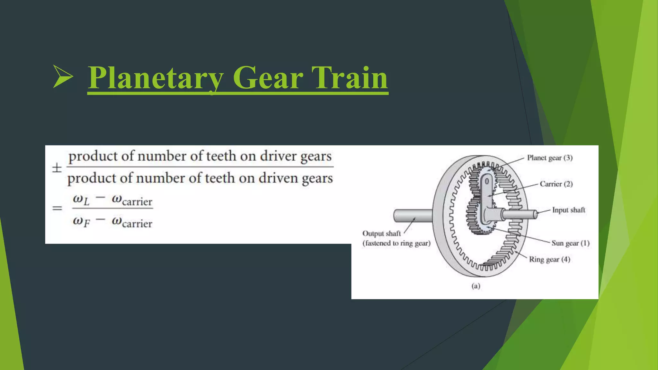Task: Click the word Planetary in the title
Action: click(156, 78)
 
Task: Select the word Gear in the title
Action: click(268, 78)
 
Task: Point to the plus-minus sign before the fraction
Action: click(57, 168)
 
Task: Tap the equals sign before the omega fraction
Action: click(57, 208)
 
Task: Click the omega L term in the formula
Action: click(81, 200)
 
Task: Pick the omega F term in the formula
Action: click(81, 222)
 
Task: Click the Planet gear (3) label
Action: click(549, 158)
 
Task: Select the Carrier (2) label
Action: click(556, 184)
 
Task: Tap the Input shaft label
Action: click(568, 210)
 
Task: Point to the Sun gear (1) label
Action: click(570, 243)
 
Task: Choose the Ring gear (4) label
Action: click(549, 260)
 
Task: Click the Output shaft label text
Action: click(381, 233)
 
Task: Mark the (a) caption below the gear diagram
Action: click(476, 286)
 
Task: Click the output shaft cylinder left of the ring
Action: click(413, 216)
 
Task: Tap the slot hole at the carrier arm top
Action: click(487, 182)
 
